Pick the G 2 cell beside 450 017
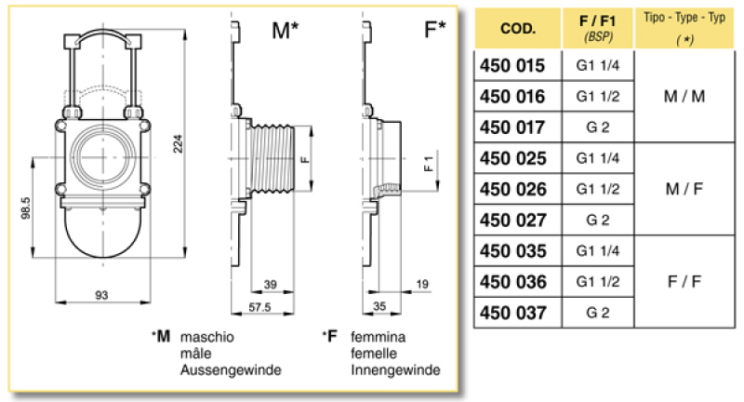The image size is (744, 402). tap(598, 127)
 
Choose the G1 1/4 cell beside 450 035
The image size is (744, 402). tap(598, 250)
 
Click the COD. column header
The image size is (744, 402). tap(517, 28)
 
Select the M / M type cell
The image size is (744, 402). tap(684, 96)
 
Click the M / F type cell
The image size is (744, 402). tap(684, 189)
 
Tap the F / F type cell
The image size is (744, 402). tap(684, 281)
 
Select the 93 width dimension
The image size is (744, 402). tap(102, 295)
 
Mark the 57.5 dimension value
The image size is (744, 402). tap(259, 305)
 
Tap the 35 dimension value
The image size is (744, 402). tap(379, 305)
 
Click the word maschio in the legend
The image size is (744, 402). tap(207, 337)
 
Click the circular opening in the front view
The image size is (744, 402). tap(102, 154)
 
